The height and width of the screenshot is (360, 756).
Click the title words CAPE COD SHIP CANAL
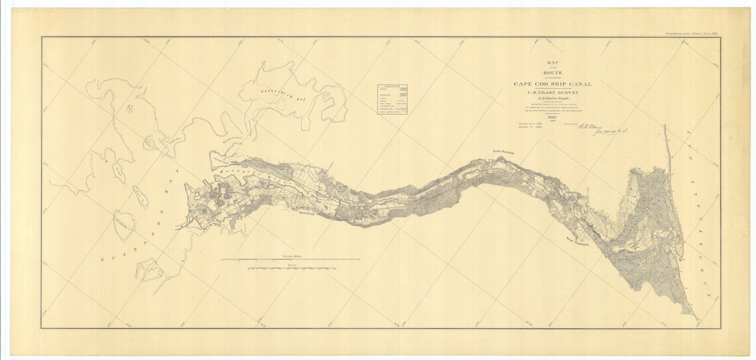(552, 84)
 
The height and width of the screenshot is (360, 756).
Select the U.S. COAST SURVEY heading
(552, 93)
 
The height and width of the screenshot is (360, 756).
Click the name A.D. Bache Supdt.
(552, 100)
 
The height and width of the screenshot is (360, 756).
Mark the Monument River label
(247, 178)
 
